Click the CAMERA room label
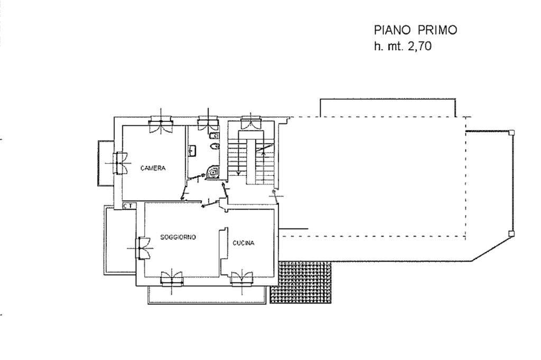153,168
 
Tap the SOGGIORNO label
178,237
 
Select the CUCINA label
243,243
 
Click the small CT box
129,206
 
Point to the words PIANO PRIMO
415,30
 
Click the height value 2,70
419,46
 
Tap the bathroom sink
192,150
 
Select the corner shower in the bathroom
213,172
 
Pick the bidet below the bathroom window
214,136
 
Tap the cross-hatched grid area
301,282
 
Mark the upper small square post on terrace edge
511,132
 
